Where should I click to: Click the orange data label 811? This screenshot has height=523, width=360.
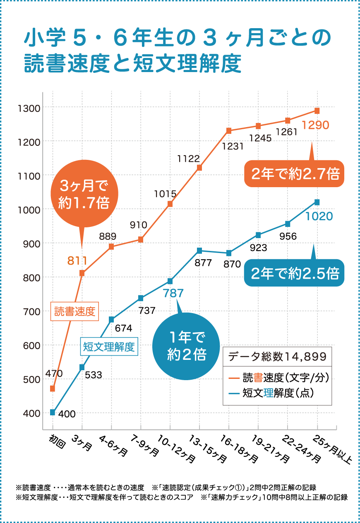coord(77,261)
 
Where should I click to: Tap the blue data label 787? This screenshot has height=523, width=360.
coord(173,294)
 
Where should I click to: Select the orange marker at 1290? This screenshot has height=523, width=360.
coord(317,111)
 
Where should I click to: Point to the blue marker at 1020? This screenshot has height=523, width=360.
coord(317,202)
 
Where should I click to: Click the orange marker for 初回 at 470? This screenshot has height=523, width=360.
coord(53,388)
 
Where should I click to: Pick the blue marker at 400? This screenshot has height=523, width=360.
coord(53,412)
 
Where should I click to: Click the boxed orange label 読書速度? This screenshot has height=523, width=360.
coord(75,311)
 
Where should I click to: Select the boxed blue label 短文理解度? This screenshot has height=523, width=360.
coord(109,347)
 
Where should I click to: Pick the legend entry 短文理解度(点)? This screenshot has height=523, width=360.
coord(277,393)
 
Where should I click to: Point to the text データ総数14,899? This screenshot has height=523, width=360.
coord(277,356)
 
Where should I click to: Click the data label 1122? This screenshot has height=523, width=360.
coord(189,159)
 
